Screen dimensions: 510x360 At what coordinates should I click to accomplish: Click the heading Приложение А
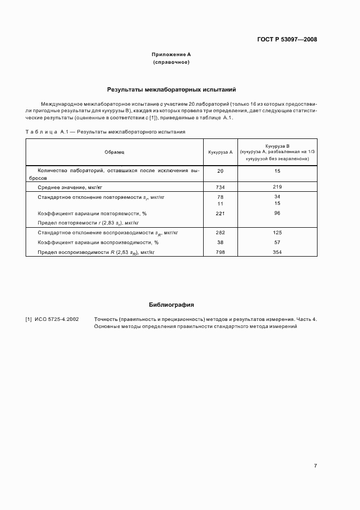[171, 55]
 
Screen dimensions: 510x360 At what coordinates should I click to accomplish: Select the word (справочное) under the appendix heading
[171, 62]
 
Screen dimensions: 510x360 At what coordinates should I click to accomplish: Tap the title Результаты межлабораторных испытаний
[171, 88]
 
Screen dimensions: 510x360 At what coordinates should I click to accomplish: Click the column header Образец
[115, 152]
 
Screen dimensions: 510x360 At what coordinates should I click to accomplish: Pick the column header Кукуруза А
[220, 152]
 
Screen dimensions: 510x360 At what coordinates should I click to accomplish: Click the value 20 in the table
[220, 171]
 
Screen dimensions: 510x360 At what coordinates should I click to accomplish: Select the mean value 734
[220, 186]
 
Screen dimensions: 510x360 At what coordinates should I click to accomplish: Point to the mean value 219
[277, 186]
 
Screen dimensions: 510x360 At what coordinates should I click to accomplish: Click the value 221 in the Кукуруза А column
[220, 214]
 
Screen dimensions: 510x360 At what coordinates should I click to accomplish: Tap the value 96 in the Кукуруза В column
[277, 214]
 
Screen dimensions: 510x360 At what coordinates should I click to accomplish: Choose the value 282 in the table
[220, 233]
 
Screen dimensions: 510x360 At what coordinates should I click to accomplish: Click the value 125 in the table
[277, 233]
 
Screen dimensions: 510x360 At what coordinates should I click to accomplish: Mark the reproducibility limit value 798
[220, 252]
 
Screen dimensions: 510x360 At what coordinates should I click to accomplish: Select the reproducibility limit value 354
[277, 252]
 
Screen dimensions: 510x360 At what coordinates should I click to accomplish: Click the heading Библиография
[171, 305]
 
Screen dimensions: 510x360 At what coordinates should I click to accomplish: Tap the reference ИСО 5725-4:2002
[56, 319]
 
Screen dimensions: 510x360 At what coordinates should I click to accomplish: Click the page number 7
[315, 466]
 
